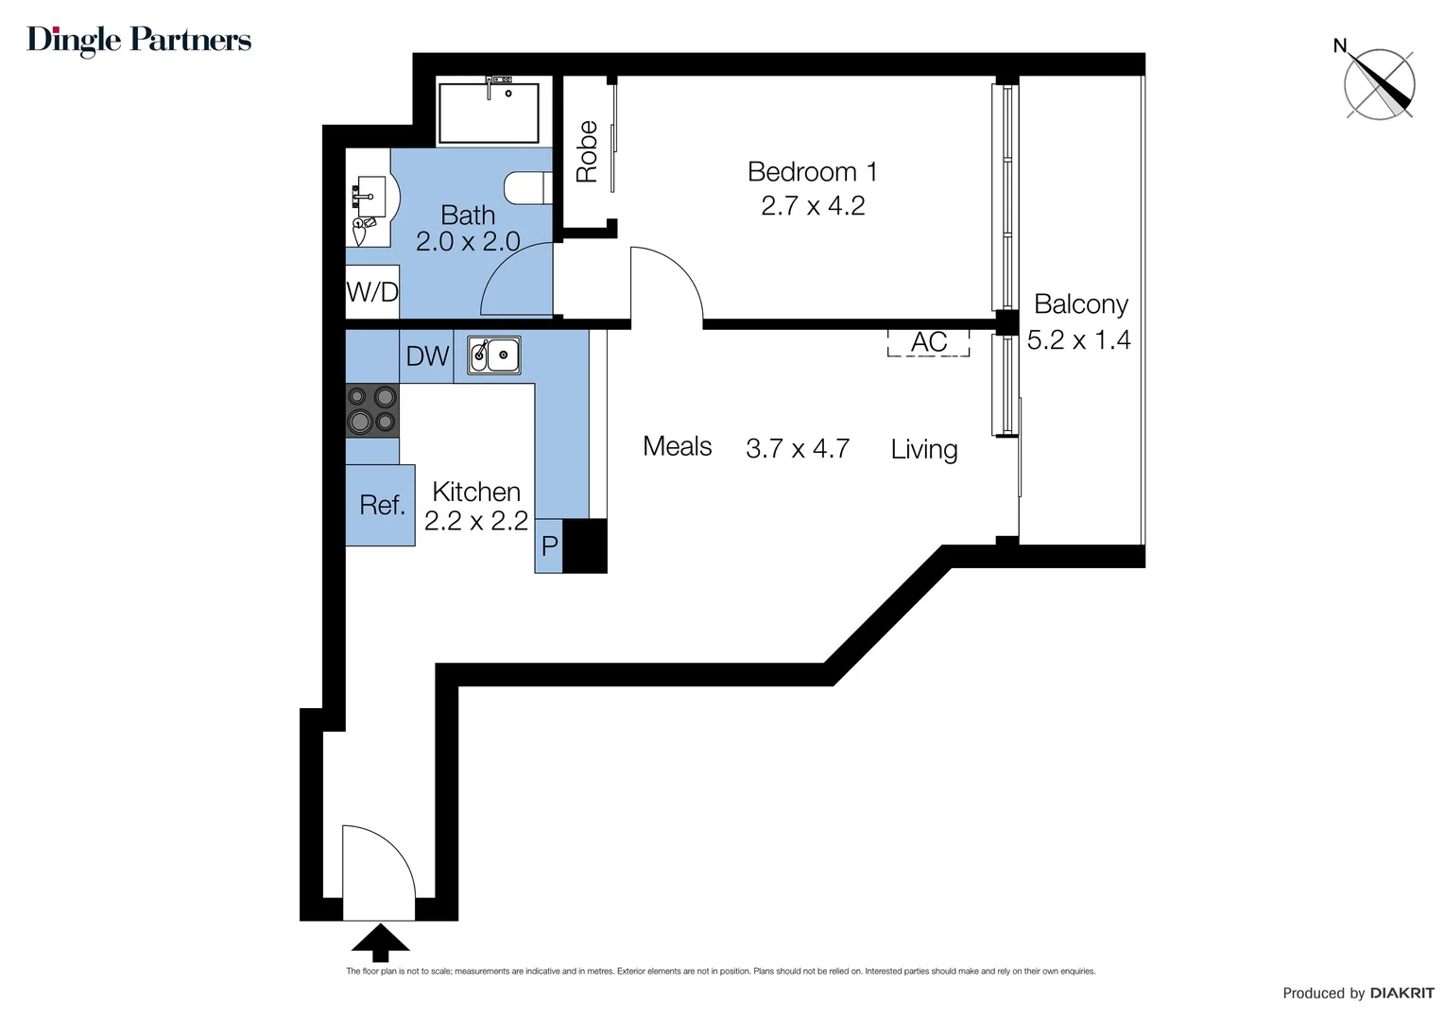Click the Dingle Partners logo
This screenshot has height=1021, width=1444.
click(139, 40)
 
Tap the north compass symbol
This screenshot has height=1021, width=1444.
click(1379, 84)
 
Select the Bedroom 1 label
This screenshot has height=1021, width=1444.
click(812, 172)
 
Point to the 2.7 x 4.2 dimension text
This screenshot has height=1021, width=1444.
click(813, 206)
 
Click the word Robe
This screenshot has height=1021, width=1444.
click(587, 151)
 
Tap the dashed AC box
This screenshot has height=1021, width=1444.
click(928, 342)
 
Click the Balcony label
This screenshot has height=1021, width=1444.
click(1080, 304)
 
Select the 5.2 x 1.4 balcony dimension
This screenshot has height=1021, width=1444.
click(1078, 340)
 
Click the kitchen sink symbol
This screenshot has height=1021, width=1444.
click(494, 355)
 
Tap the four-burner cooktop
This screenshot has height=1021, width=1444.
click(371, 410)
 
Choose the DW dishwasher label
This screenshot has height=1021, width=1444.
click(427, 356)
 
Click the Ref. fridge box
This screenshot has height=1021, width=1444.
click(381, 505)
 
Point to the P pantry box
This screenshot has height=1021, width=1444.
click(549, 546)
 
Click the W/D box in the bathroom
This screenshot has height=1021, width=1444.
click(372, 292)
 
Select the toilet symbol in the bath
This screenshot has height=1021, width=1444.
click(527, 187)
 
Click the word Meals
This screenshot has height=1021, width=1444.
click(677, 446)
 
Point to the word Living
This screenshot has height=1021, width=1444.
click(923, 449)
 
